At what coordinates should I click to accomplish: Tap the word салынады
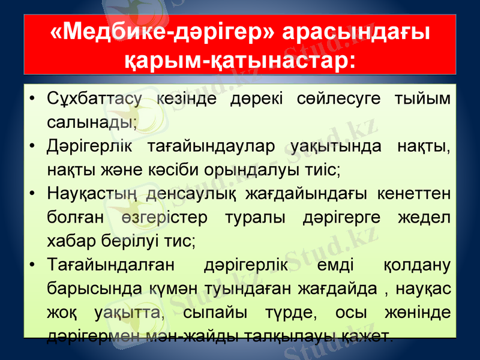[91, 122]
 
